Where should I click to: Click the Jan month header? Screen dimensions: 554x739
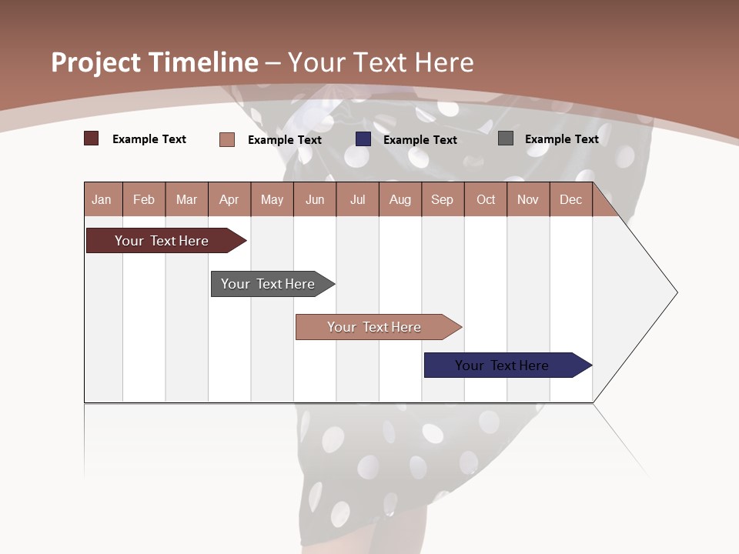pos(102,199)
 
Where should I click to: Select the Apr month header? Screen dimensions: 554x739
pos(229,199)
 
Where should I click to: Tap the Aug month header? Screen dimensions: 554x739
pos(400,199)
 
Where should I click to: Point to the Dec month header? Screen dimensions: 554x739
pos(570,199)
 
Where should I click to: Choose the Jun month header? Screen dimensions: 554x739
pos(314,199)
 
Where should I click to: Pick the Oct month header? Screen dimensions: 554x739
pos(485,199)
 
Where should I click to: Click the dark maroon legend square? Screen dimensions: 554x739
pos(91,138)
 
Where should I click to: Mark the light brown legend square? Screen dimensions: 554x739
pos(226,139)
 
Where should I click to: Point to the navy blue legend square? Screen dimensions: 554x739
pos(363,139)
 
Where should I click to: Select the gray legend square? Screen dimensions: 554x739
pos(505,138)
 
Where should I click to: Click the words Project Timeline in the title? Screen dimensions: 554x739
pos(154,62)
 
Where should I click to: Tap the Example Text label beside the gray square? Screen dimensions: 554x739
pos(561,138)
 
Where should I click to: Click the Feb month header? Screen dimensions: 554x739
pos(144,199)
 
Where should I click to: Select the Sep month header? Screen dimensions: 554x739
pos(442,199)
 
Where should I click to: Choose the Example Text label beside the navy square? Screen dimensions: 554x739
pos(420,139)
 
